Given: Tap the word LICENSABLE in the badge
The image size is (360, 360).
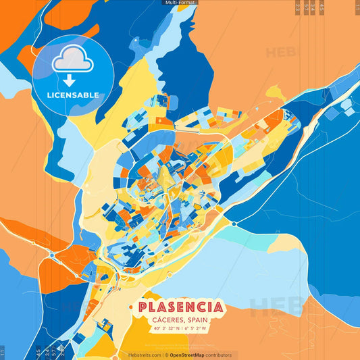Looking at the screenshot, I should pyautogui.click(x=73, y=95).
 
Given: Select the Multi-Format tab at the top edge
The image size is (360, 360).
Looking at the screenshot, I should pyautogui.click(x=180, y=3).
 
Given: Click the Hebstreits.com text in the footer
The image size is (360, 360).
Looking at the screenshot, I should pyautogui.click(x=144, y=355).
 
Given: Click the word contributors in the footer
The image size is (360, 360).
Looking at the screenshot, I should pyautogui.click(x=220, y=355).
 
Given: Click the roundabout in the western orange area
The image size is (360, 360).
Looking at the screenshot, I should pyautogui.click(x=52, y=255).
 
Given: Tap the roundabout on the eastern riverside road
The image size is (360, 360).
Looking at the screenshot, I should pyautogui.click(x=234, y=224).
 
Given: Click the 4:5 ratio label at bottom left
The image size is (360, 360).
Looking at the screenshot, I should pyautogui.click(x=37, y=351).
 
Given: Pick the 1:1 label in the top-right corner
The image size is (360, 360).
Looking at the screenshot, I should pyautogui.click(x=356, y=7).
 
